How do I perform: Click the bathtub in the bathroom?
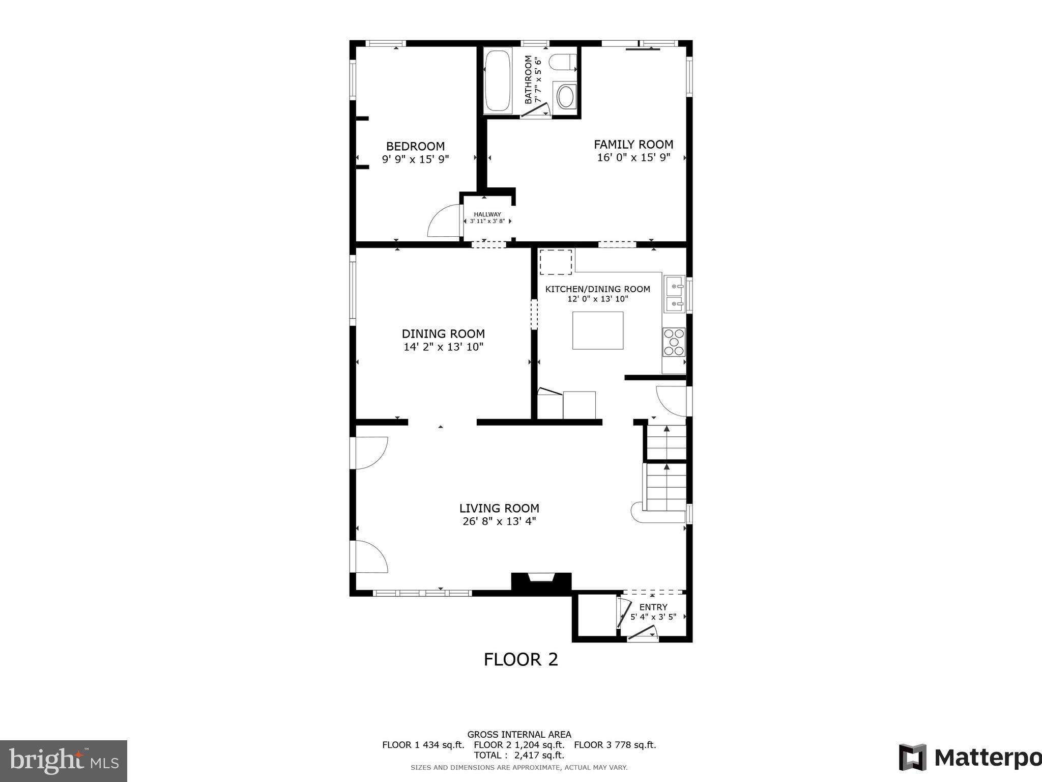pyautogui.click(x=498, y=80)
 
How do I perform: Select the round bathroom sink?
pyautogui.click(x=566, y=96)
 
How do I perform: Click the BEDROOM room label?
pyautogui.click(x=415, y=147)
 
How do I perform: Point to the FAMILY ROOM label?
pyautogui.click(x=633, y=145)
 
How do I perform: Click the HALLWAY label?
pyautogui.click(x=487, y=214)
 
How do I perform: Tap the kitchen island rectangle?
pyautogui.click(x=597, y=330)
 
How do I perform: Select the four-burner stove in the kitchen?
pyautogui.click(x=674, y=342)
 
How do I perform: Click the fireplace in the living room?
pyautogui.click(x=541, y=581)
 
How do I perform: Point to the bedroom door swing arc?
pyautogui.click(x=443, y=220)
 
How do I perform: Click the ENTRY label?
pyautogui.click(x=653, y=607)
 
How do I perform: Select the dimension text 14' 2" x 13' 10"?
pyautogui.click(x=443, y=347)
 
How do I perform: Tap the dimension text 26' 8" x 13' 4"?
pyautogui.click(x=499, y=521)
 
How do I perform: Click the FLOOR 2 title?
pyautogui.click(x=520, y=659)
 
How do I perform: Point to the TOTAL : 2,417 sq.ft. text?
pyautogui.click(x=519, y=755)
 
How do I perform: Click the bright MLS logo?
pyautogui.click(x=63, y=761)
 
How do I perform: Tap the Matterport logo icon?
pyautogui.click(x=912, y=758)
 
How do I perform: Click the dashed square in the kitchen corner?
pyautogui.click(x=555, y=262)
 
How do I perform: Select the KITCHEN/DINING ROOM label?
pyautogui.click(x=597, y=289)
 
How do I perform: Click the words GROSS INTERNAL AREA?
pyautogui.click(x=519, y=734)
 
